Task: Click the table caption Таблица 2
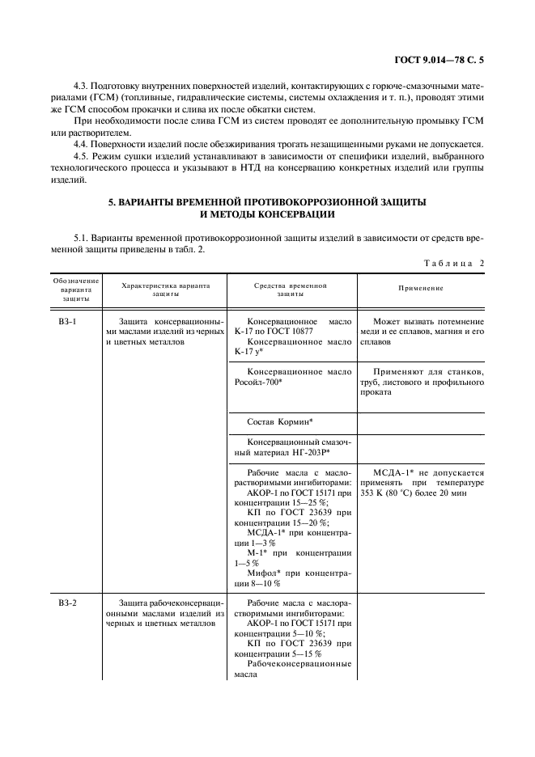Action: (x=453, y=264)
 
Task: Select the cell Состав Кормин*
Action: (x=280, y=422)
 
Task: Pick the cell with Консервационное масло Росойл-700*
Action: (x=291, y=377)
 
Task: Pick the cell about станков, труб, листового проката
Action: (x=419, y=382)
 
